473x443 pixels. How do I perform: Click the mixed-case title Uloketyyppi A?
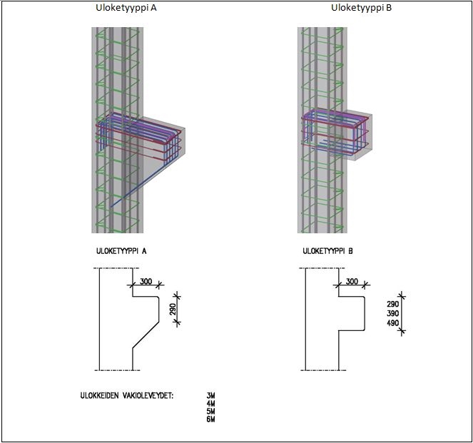click(x=126, y=8)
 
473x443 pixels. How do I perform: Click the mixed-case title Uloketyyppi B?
click(x=362, y=8)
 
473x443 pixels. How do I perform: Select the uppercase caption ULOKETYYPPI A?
click(x=121, y=251)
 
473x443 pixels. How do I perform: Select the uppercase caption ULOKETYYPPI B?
click(x=327, y=251)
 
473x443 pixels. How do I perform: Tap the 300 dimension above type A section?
click(x=146, y=281)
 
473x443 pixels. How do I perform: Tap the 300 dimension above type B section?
click(x=352, y=281)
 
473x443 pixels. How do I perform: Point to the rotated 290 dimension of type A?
click(x=173, y=310)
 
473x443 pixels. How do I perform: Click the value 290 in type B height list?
click(x=393, y=304)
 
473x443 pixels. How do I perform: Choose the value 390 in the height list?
click(x=393, y=313)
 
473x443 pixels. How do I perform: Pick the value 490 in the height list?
click(x=393, y=323)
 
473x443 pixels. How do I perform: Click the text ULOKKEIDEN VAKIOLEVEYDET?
click(x=127, y=396)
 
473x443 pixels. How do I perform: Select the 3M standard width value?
click(x=211, y=395)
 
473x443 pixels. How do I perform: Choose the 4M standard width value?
click(x=211, y=404)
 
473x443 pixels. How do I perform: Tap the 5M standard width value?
click(x=211, y=412)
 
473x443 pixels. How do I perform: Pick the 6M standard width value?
click(x=211, y=419)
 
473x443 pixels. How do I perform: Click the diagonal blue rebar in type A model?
click(x=138, y=185)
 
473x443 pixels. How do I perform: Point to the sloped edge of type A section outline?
click(x=146, y=335)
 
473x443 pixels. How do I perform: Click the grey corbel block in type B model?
click(x=359, y=135)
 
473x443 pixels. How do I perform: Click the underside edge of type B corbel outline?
click(x=351, y=331)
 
